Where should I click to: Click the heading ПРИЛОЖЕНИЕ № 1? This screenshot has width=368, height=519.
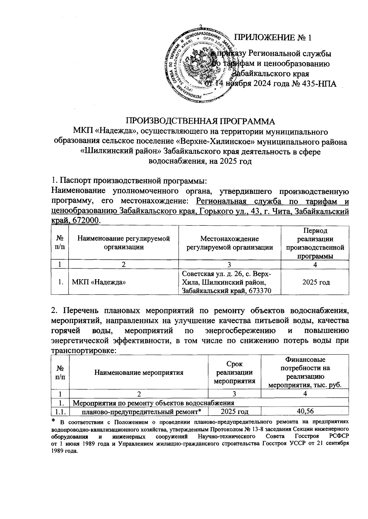(x=273, y=38)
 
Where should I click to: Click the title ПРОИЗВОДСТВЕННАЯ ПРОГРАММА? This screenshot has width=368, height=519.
(x=200, y=121)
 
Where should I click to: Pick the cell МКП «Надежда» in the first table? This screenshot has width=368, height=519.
(x=99, y=282)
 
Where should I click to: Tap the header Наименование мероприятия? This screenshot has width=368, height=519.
(x=139, y=373)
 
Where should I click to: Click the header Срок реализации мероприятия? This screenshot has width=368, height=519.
(x=234, y=373)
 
